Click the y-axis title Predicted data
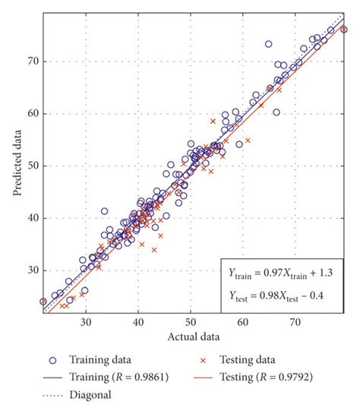coord(16,160)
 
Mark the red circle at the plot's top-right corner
coord(344,30)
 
